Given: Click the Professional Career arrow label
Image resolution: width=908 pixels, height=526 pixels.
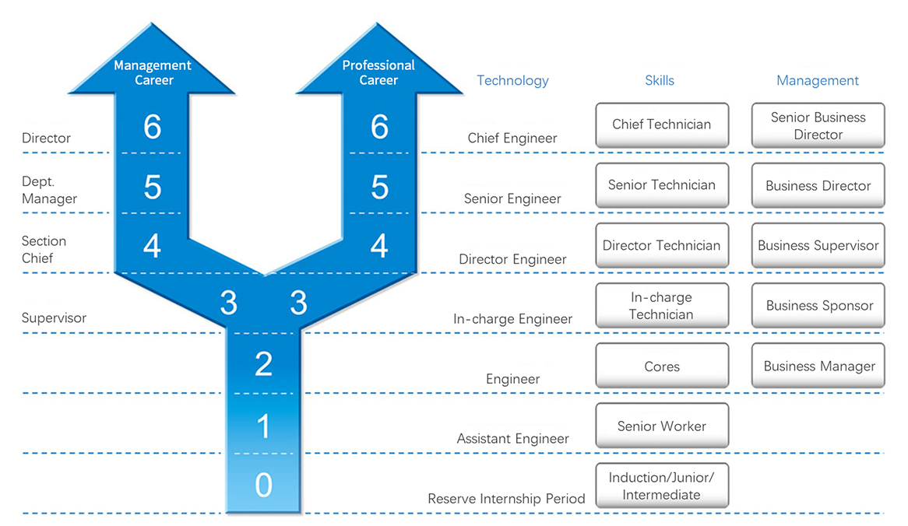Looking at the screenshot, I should pos(378,72).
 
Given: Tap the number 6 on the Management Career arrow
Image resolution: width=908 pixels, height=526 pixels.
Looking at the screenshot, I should pos(153,127).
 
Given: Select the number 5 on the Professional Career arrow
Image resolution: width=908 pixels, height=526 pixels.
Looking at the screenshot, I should pos(379,188).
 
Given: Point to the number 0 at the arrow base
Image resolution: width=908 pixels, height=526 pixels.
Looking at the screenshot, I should pos(263,486).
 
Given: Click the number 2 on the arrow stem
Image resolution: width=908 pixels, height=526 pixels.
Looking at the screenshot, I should pos(263,363).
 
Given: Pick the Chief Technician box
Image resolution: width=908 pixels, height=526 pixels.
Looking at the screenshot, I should pos(662,124).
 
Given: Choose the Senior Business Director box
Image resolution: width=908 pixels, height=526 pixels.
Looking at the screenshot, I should pos(818,125).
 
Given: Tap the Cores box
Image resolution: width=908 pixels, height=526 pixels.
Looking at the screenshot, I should pos(662,366).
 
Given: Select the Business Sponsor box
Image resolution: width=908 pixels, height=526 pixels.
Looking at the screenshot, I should pos(818,306).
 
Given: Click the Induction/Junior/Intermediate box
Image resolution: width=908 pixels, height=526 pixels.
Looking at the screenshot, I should pos(662,486).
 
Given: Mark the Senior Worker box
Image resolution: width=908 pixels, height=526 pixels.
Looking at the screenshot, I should pos(662,426).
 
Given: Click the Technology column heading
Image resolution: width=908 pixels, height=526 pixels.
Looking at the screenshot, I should pos(512,80).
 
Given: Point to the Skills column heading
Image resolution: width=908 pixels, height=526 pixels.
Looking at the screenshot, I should pos(660,80).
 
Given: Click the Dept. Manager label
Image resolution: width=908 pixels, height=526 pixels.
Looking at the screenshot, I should pos(49,190).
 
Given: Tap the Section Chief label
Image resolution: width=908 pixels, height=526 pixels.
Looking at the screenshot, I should pos(44,250).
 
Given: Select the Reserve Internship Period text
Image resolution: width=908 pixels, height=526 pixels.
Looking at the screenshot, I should pos(506,499).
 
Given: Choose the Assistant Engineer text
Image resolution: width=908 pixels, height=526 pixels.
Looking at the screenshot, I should pos(512,439).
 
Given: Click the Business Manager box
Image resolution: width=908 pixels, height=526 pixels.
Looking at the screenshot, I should pos(818,366).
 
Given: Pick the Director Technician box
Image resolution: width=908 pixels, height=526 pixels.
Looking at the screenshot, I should pos(662,246).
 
